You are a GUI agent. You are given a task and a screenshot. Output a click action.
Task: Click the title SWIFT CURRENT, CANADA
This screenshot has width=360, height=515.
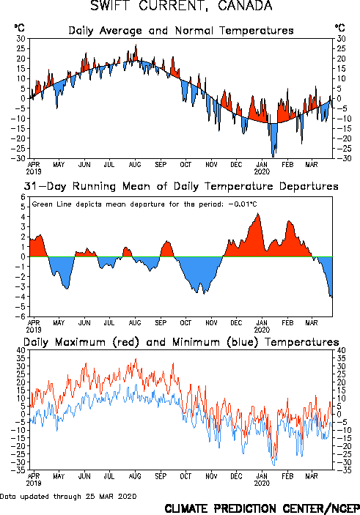pos(181,6)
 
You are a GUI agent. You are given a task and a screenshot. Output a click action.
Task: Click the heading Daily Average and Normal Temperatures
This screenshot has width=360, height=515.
pos(181,31)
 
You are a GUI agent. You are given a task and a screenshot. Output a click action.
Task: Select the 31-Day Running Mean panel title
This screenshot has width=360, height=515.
pos(181,186)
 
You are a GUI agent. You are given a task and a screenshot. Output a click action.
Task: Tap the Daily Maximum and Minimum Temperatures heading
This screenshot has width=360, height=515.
pos(181,342)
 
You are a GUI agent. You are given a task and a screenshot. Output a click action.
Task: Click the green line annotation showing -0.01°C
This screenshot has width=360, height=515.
pos(144,204)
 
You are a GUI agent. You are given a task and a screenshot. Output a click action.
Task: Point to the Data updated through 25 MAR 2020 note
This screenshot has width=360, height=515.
pos(68,496)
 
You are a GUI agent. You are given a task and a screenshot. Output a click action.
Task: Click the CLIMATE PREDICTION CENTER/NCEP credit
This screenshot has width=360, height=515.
pos(262,508)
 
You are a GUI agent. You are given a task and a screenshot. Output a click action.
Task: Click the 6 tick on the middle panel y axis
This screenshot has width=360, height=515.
pos(23,197)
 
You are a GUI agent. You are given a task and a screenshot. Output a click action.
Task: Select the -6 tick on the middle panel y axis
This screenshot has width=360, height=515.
pos(21,316)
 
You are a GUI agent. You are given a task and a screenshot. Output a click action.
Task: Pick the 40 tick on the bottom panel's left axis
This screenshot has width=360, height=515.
pos(21,350)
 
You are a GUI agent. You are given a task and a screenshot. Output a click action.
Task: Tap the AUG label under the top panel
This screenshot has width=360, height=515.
pos(135,165)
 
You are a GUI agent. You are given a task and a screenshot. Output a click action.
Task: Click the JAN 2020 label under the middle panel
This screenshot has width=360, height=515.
pos(262,326)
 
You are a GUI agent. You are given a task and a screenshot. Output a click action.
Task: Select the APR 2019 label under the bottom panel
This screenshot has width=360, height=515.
pos(34,480)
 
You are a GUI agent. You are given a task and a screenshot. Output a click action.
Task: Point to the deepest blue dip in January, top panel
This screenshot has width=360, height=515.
pos(273,157)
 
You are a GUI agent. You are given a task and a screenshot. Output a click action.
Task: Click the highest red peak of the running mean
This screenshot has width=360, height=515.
pos(258,213)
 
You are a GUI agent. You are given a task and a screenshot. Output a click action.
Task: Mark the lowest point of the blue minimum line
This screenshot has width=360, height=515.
pos(274,465)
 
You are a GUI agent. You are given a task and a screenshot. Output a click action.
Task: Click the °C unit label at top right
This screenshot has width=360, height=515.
pos(339,28)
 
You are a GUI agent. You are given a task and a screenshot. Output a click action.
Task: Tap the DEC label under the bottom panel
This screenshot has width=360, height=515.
pos(236,476)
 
